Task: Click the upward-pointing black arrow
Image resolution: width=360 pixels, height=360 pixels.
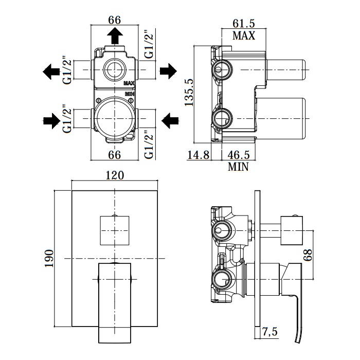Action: coord(115,37)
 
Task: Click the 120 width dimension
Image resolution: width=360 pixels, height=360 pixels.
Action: coord(115,175)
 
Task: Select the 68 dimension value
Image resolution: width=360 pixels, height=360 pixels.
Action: coord(308,256)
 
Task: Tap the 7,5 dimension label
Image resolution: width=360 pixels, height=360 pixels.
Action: coord(269,332)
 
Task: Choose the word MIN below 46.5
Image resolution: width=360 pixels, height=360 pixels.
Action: coord(238,166)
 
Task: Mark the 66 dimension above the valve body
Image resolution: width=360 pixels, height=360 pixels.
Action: coord(115,20)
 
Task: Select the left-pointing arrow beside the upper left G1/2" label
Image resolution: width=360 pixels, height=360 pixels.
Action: coord(51,71)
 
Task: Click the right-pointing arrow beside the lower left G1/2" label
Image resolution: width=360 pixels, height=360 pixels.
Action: coord(51,121)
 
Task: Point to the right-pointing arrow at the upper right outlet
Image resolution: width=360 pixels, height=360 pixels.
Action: coord(168,71)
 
